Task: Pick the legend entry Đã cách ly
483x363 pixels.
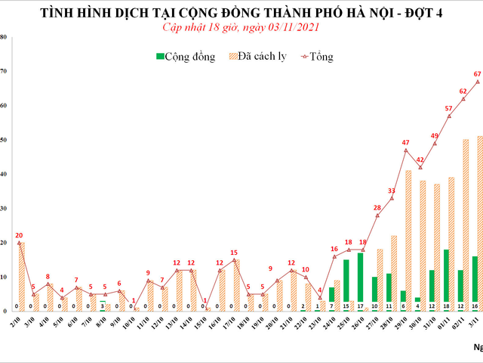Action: point(261,57)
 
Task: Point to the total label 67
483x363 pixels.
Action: point(478,74)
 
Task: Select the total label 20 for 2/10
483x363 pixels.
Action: point(18,234)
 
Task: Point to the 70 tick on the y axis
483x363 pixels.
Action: point(4,72)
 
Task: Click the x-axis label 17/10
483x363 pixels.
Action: point(233,333)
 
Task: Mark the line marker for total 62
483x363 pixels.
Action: point(463,99)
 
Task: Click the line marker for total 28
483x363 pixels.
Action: point(377,216)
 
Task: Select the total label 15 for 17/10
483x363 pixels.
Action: point(234,253)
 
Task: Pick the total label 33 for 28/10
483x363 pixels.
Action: point(392,191)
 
